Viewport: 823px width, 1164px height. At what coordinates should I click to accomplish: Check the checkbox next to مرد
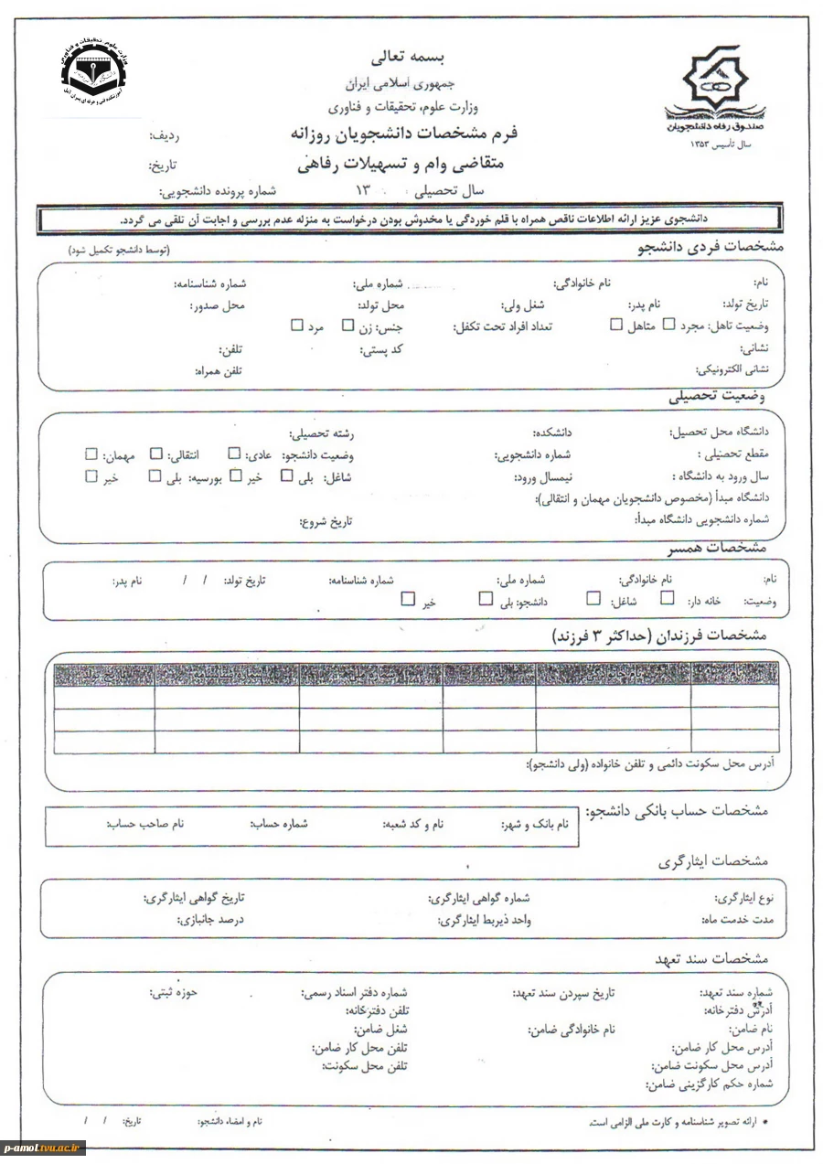click(x=296, y=325)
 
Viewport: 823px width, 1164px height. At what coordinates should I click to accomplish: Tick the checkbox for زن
click(x=347, y=325)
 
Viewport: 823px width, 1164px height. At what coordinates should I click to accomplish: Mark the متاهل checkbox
click(x=615, y=325)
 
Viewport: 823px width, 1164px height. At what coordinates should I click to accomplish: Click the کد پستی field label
click(x=384, y=349)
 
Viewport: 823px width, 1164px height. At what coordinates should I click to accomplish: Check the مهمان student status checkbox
click(x=91, y=454)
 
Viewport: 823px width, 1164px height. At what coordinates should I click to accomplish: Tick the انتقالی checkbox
click(x=156, y=454)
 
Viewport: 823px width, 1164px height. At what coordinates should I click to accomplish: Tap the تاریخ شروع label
click(x=325, y=522)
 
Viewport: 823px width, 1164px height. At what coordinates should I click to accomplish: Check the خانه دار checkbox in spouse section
click(x=668, y=599)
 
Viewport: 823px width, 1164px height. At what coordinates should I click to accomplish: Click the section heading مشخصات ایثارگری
click(x=713, y=861)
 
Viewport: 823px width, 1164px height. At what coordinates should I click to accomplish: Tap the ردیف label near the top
click(x=164, y=136)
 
